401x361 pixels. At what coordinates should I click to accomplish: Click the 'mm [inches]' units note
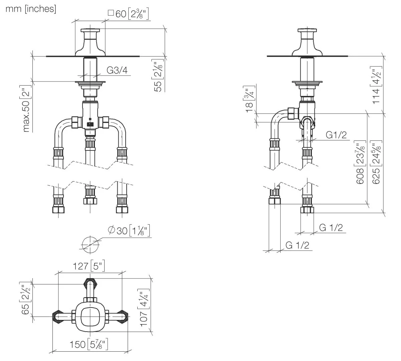(x=31, y=9)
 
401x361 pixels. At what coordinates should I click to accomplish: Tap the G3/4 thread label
(x=117, y=70)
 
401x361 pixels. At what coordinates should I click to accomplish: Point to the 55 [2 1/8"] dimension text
(x=158, y=76)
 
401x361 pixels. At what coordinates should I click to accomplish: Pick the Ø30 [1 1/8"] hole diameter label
(x=129, y=231)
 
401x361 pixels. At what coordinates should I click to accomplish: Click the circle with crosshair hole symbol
(x=90, y=244)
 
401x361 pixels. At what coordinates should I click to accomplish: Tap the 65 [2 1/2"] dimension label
(x=25, y=298)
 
